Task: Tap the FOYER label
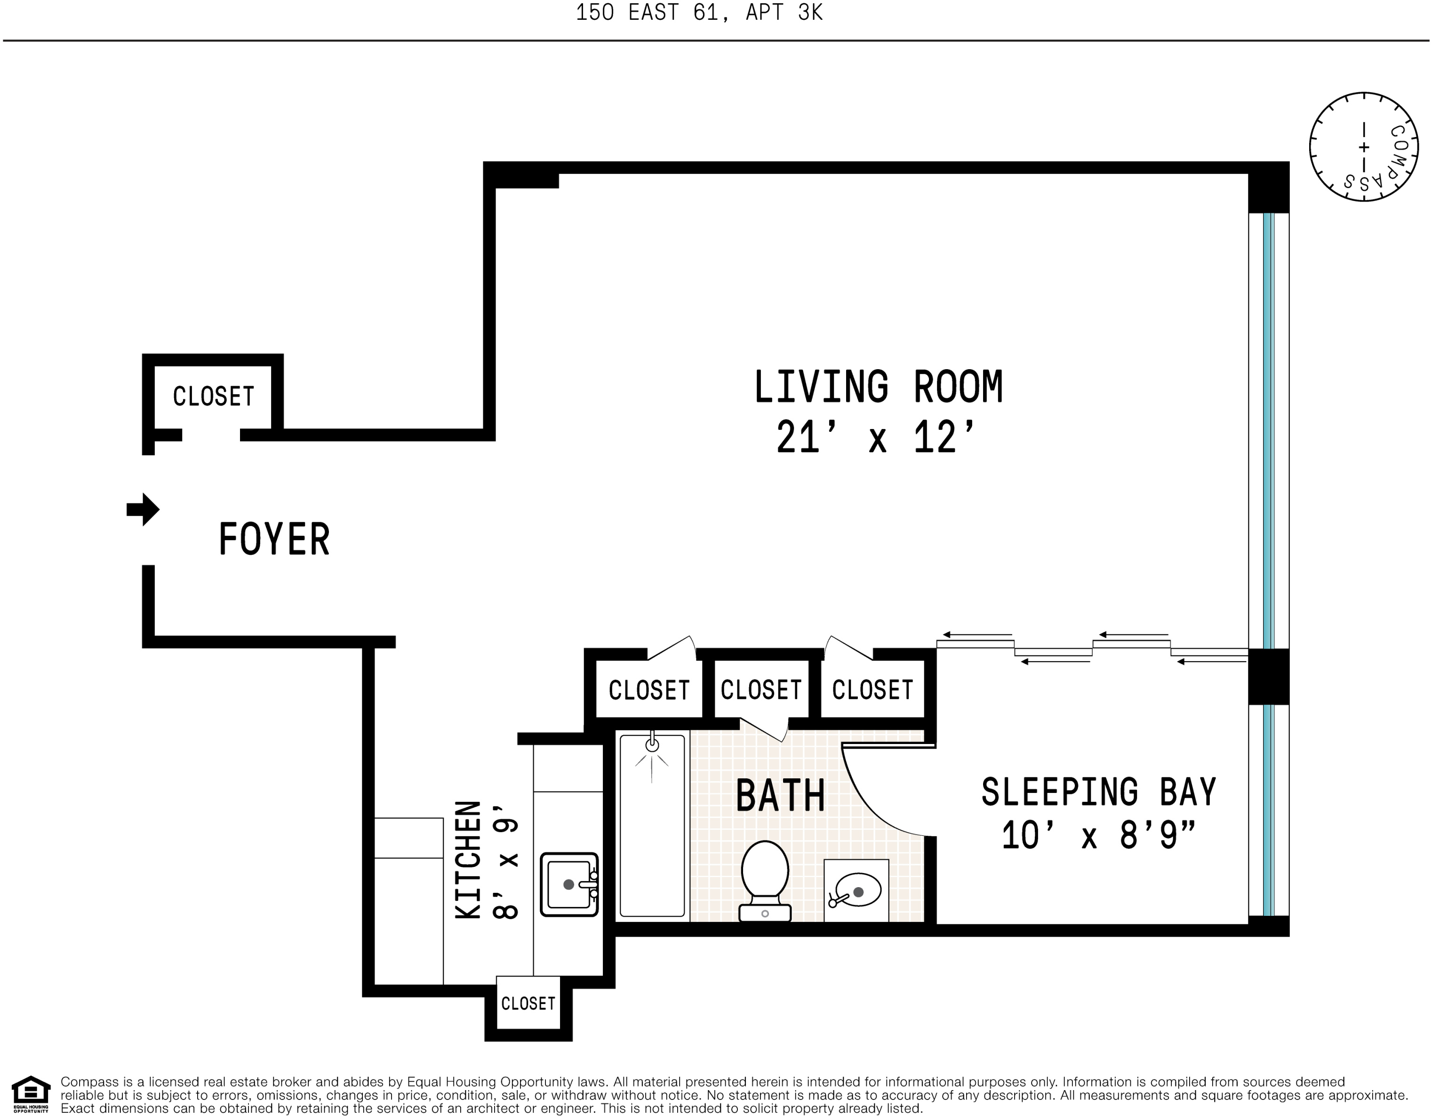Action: coord(274,539)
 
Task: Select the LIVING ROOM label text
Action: coord(878,387)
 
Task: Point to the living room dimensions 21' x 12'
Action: coord(876,437)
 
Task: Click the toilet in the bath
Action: coord(765,881)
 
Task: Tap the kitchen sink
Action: coord(569,884)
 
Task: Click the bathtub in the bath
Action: coord(652,825)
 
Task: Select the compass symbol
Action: coord(1364,146)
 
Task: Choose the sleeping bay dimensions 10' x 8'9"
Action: coord(1099,835)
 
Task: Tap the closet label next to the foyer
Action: coord(213,396)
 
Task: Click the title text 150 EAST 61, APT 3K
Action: coord(699,12)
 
